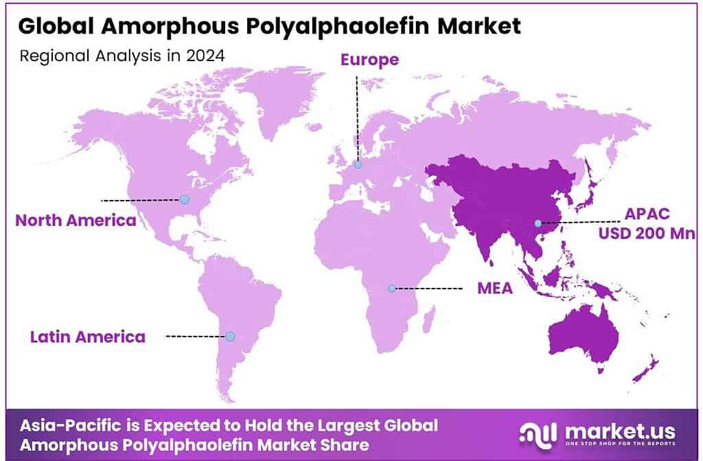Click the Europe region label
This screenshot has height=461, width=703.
(369, 60)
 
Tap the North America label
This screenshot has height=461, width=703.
(76, 221)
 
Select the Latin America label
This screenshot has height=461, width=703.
(87, 337)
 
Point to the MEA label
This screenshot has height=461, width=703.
(495, 288)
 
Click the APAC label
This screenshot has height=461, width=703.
(647, 212)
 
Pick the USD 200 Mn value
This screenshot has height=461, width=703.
(647, 234)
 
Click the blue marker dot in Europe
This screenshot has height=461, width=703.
(358, 164)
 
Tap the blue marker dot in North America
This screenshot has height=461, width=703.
(184, 199)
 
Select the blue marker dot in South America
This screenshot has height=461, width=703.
(230, 337)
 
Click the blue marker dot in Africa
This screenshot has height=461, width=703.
(391, 289)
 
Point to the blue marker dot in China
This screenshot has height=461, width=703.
(538, 223)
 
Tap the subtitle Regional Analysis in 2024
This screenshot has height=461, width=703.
(122, 56)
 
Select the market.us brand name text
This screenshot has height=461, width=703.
(616, 431)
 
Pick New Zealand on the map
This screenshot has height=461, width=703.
(645, 372)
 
